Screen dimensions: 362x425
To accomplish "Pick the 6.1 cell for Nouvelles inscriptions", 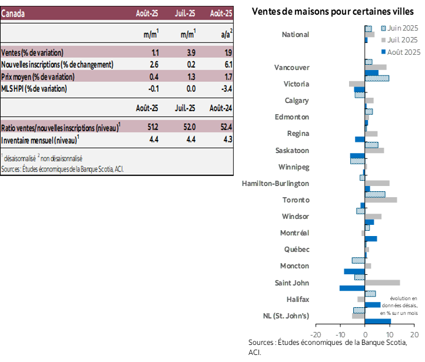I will (x=224, y=64).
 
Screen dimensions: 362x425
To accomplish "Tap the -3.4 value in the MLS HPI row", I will (x=223, y=88).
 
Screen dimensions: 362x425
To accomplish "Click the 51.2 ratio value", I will (x=151, y=128).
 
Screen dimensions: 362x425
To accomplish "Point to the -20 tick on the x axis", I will (x=316, y=335).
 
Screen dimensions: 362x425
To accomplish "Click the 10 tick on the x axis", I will (x=390, y=335).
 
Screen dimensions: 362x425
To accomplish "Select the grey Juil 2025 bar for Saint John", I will (x=383, y=283).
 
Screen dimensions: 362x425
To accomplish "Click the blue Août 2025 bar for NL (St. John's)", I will (x=378, y=321).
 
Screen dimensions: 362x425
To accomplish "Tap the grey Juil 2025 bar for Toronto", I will (x=381, y=200).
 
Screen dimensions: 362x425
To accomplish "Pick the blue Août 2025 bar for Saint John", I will (x=352, y=288).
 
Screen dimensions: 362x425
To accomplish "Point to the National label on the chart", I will (x=295, y=35).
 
